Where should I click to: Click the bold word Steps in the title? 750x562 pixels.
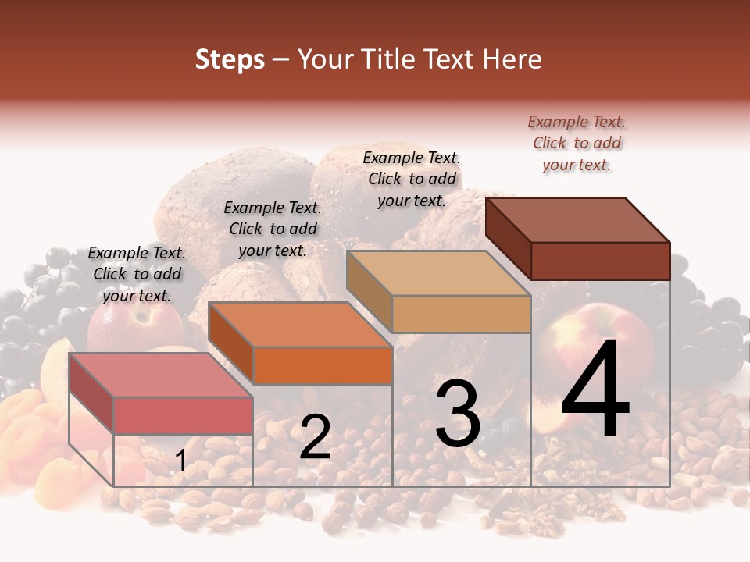230,59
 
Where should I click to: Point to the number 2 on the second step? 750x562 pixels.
315,437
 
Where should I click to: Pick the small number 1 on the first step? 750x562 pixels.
180,461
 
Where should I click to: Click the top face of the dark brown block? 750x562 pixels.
578,219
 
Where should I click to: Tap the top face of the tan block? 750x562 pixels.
438,273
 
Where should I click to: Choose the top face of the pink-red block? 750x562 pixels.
161,375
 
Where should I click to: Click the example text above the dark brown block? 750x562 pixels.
577,143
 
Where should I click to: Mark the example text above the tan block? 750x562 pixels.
412,179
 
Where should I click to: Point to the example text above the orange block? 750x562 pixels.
273,229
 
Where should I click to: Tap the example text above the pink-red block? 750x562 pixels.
137,274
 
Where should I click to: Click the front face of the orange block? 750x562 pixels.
322,365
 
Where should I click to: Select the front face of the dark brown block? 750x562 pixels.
600,260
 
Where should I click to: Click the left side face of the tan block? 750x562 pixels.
369,293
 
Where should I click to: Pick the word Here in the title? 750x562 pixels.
513,59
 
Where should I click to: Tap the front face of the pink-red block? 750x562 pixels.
183,415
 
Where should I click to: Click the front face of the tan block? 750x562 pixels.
461,314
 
